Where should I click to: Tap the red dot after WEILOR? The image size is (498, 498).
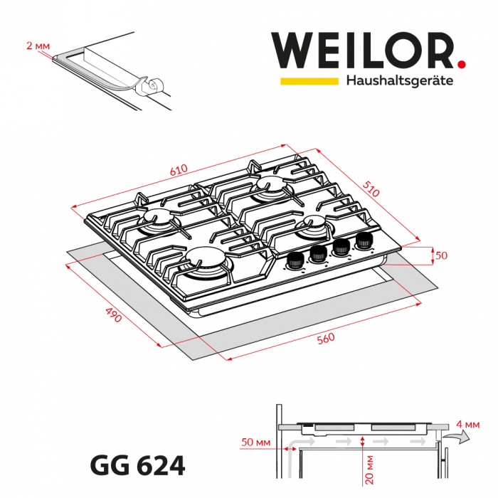pos(462,64)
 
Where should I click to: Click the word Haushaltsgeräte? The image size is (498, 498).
pos(399,81)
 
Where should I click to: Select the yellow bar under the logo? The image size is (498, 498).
pos(309,81)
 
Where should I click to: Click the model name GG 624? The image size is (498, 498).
pos(138,466)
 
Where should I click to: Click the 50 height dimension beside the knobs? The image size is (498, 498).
pos(443,255)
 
